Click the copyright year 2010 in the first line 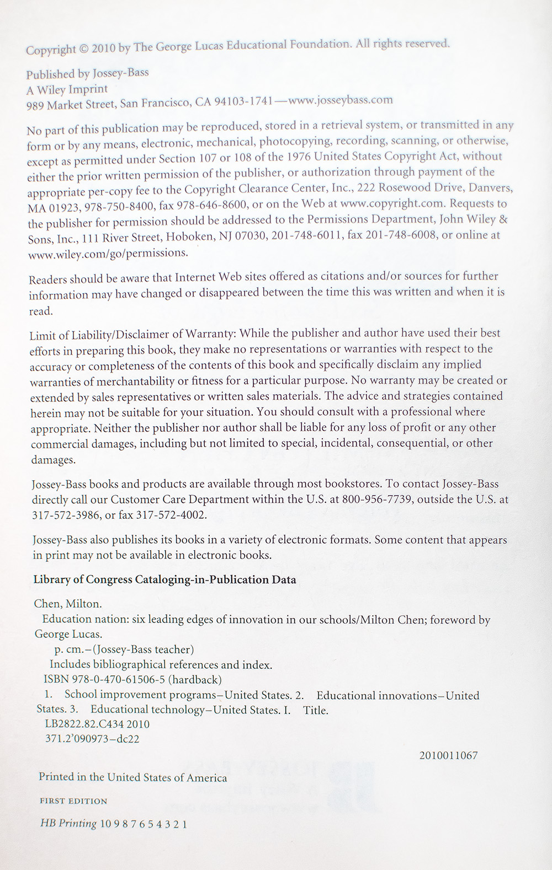(104, 49)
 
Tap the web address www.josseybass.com (341, 100)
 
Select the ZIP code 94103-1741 (243, 102)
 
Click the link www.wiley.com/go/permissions (108, 254)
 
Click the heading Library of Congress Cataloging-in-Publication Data (164, 579)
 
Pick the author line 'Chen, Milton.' (68, 603)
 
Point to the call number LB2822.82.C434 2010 (97, 724)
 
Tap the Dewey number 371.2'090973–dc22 (92, 739)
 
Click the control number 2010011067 (448, 755)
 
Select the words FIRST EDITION (73, 801)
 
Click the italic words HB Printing (68, 823)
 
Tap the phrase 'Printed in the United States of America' (132, 777)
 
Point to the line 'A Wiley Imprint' (67, 89)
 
